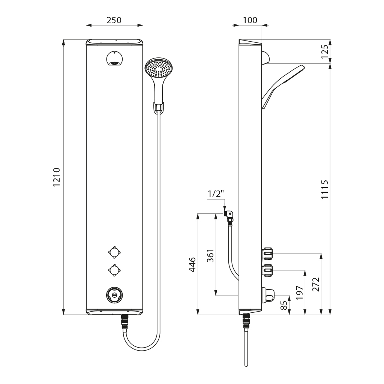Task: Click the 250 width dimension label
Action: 114,20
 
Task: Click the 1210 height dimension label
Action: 57,177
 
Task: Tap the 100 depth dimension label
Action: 250,20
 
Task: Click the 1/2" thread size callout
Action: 216,194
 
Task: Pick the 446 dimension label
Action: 192,264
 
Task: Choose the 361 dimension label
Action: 210,256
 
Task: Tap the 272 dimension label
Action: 316,284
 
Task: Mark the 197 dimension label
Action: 300,292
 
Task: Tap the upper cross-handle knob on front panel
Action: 114,252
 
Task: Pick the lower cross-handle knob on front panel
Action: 114,270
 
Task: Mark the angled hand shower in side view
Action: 283,86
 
